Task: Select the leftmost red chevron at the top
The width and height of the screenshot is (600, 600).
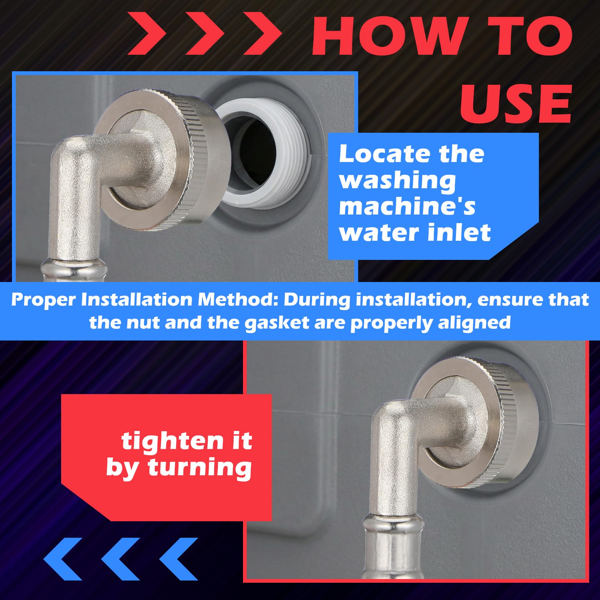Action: (x=147, y=33)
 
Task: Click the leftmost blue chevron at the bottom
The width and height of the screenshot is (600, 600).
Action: (x=63, y=559)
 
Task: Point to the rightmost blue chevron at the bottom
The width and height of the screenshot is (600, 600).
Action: (x=178, y=559)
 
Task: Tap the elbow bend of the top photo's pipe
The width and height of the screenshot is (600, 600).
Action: (x=71, y=157)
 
